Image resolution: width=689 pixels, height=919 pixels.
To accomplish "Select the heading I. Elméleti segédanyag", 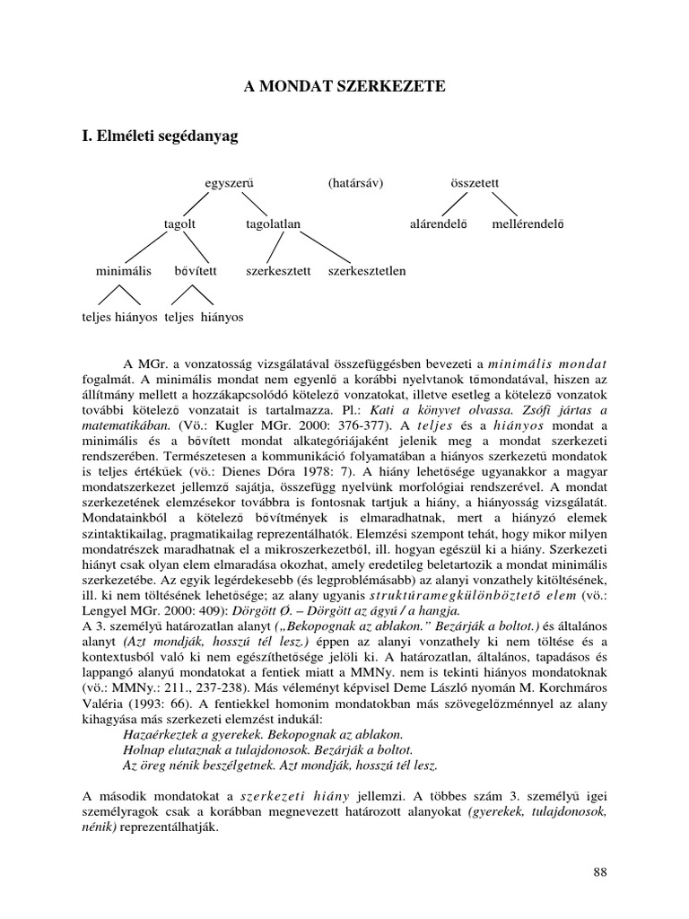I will (161, 137).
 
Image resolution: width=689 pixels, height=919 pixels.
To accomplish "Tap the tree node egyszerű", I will (230, 183).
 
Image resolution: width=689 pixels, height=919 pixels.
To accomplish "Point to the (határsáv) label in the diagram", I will (355, 183).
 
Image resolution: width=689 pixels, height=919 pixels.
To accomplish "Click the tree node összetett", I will (475, 183).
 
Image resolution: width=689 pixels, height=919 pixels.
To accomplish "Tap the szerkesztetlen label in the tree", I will (367, 269).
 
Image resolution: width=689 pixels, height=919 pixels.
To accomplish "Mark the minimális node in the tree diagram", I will (124, 269).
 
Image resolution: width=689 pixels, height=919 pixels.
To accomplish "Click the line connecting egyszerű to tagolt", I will (205, 203).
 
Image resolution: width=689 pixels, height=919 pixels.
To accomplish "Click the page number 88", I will (601, 872).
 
